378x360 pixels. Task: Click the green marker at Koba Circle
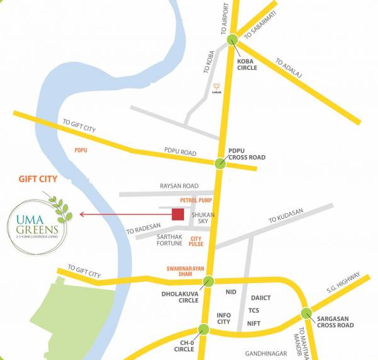tap(233, 39)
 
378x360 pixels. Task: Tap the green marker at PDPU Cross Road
tap(220, 164)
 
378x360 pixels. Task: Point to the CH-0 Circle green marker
tap(203, 329)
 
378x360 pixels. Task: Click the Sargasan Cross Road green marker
tap(307, 313)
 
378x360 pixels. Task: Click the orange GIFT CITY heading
tap(35, 179)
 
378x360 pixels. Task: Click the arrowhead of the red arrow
tap(82, 215)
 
